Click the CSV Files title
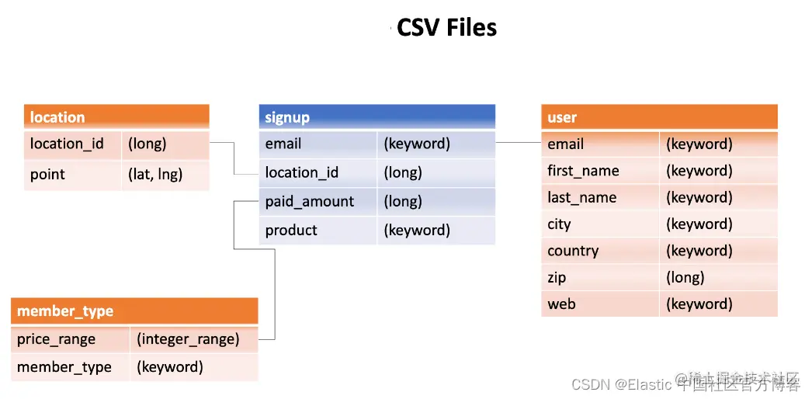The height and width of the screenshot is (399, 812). [x=446, y=28]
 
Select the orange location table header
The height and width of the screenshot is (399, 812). [x=116, y=117]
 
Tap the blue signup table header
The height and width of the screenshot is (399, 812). [x=377, y=117]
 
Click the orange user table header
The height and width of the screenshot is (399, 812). [x=658, y=117]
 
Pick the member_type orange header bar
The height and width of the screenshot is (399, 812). [x=134, y=311]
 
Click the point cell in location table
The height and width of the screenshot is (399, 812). [x=72, y=175]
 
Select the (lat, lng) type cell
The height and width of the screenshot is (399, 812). [x=165, y=175]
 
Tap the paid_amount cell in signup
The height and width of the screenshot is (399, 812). [x=318, y=202]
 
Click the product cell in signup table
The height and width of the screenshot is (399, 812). [x=318, y=231]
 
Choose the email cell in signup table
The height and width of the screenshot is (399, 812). [x=318, y=144]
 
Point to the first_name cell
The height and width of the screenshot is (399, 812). [x=600, y=171]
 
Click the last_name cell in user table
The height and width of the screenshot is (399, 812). [x=600, y=198]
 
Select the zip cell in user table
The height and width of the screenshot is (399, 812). [x=600, y=278]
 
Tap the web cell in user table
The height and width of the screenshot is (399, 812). [x=600, y=304]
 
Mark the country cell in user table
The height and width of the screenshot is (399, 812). [x=600, y=252]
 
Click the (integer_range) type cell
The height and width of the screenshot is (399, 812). [x=193, y=339]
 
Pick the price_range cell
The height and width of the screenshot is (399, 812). [x=70, y=339]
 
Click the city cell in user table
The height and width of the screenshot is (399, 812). [x=600, y=224]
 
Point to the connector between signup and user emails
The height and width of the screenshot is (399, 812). [x=518, y=143]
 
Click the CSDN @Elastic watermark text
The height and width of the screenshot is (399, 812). [x=621, y=383]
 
